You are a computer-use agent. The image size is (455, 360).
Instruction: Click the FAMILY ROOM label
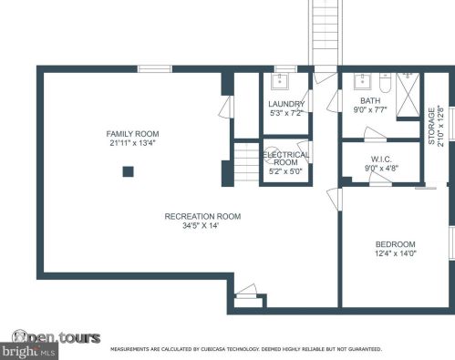pos(133,134)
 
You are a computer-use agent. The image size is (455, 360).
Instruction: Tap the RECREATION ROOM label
pos(202,216)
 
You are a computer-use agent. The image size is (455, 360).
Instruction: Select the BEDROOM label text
pos(396,244)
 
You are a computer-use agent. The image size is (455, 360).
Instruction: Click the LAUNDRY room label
pos(286,104)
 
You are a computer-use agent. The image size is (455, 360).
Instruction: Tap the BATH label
pos(370,101)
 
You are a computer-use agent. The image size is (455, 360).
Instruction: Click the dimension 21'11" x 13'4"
pos(133,143)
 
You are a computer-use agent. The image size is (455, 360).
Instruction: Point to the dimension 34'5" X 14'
pos(202,226)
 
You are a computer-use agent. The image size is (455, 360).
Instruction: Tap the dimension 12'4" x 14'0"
pos(396,254)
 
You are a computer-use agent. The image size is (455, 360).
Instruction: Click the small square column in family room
pos(129,170)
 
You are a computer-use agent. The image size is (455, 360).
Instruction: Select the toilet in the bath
pos(385,84)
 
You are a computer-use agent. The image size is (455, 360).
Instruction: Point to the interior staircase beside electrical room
pos(246,164)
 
